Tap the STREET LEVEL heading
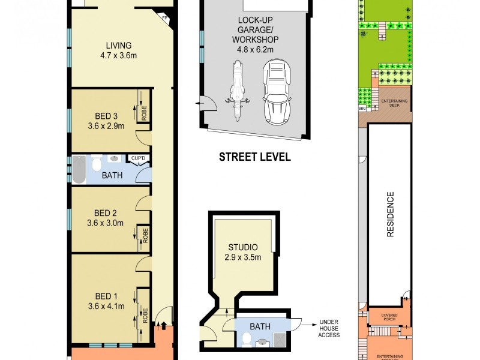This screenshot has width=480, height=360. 254,157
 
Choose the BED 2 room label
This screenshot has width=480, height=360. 106,213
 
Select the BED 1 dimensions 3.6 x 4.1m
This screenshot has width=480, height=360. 106,307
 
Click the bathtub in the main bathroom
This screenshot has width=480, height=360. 79,169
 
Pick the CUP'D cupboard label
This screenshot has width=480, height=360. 138,158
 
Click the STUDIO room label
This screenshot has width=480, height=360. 243,247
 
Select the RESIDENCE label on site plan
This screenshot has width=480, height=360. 389,214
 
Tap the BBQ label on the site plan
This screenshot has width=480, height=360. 362,109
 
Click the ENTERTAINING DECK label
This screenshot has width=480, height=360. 394,103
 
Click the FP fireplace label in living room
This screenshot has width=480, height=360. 164,17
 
